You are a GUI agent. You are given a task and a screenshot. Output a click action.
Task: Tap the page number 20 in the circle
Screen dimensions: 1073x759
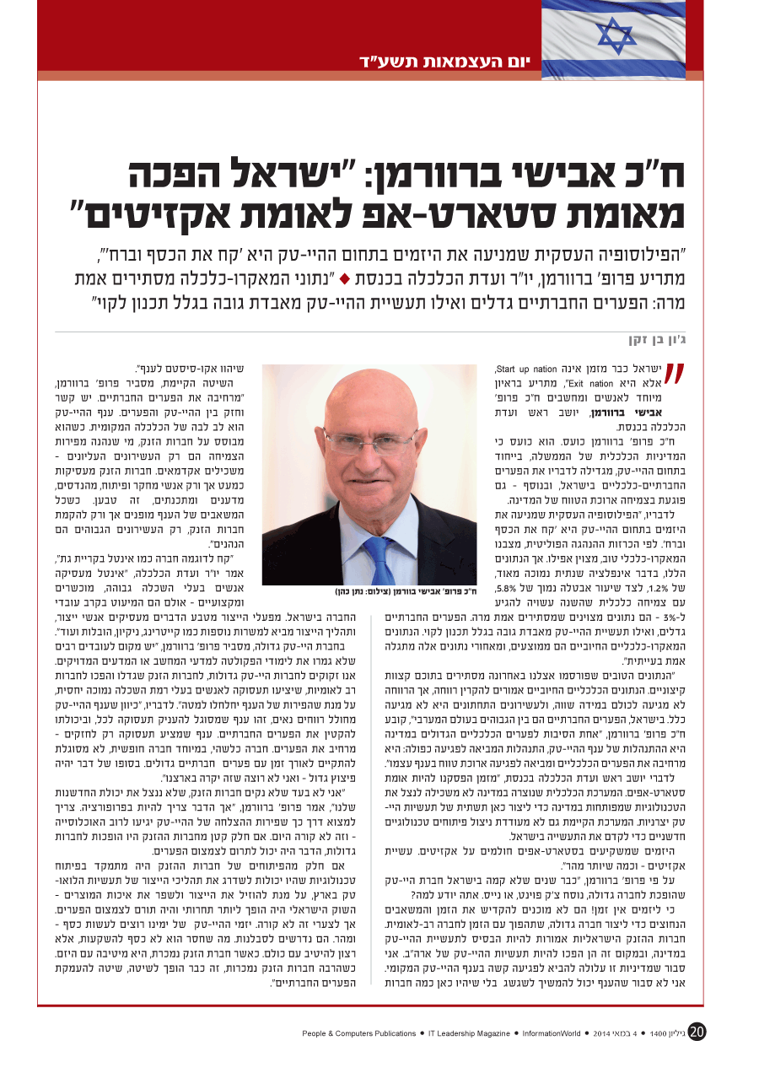point(697,1032)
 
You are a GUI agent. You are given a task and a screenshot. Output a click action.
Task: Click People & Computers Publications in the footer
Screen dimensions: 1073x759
point(359,1033)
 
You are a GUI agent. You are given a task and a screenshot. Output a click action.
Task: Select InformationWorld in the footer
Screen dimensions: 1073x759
point(551,1033)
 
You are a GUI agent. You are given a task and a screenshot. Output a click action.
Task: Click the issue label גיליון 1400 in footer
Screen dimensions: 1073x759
point(665,1033)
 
